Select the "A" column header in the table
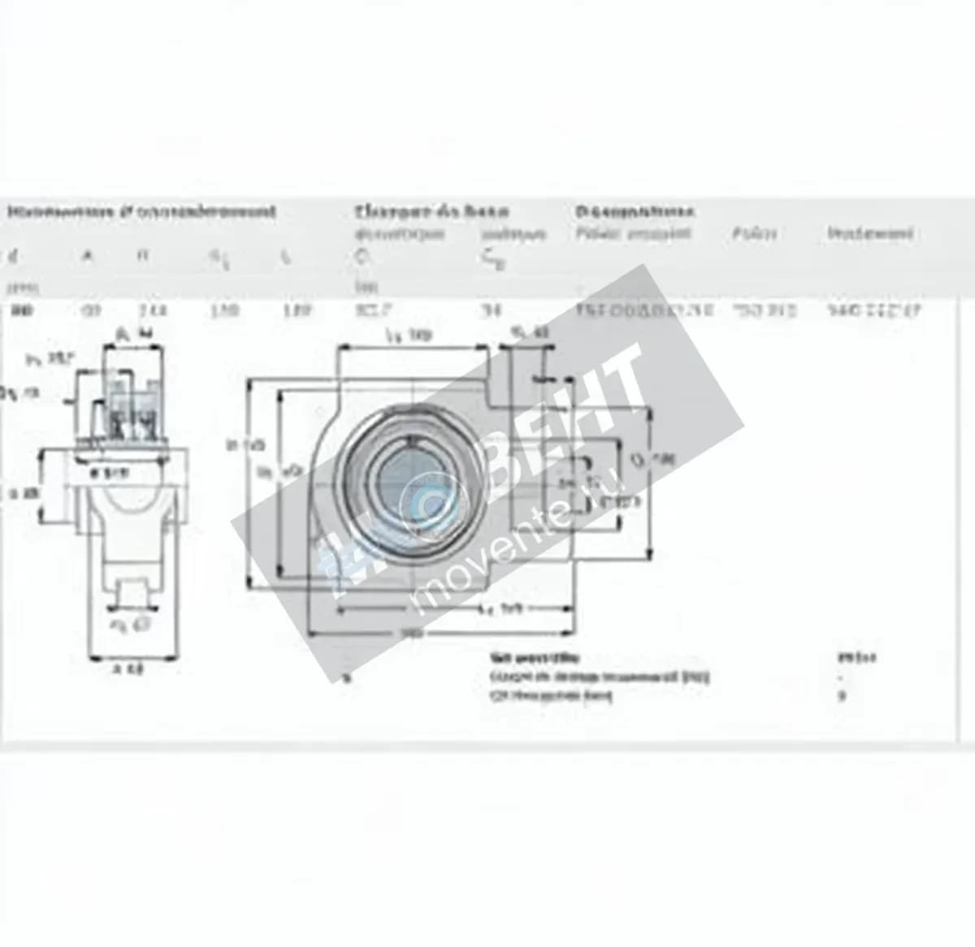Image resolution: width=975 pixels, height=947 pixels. click(88, 257)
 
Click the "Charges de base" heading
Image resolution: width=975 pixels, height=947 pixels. click(431, 212)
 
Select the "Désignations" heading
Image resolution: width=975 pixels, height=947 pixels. click(635, 212)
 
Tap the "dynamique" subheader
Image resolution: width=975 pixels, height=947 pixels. click(400, 234)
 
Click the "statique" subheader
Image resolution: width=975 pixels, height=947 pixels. click(513, 234)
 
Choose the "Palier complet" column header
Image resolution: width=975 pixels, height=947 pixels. click(633, 234)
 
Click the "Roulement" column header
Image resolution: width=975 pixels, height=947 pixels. click(870, 234)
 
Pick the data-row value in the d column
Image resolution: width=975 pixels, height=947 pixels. click(21, 310)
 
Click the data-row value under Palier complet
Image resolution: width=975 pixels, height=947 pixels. click(644, 310)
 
